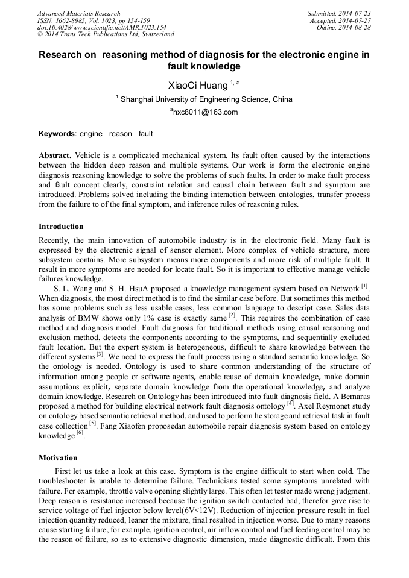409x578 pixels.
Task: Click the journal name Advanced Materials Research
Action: point(78,13)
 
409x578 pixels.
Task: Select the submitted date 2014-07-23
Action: point(354,13)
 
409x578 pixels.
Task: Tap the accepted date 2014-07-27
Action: point(354,20)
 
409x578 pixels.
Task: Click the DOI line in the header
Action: point(101,27)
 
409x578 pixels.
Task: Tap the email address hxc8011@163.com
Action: point(205,112)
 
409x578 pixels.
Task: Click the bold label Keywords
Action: point(57,133)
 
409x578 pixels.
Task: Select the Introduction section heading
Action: point(61,227)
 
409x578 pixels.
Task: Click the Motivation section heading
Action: point(58,457)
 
